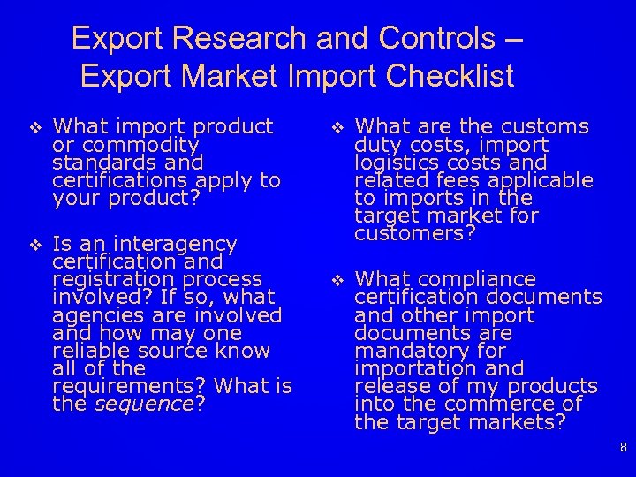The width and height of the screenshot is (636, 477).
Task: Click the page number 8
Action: pyautogui.click(x=624, y=448)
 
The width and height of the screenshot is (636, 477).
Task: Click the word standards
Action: pyautogui.click(x=91, y=163)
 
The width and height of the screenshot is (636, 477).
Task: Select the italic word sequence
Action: pyautogui.click(x=143, y=405)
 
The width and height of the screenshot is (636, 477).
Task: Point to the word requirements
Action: pyautogui.click(x=130, y=387)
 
